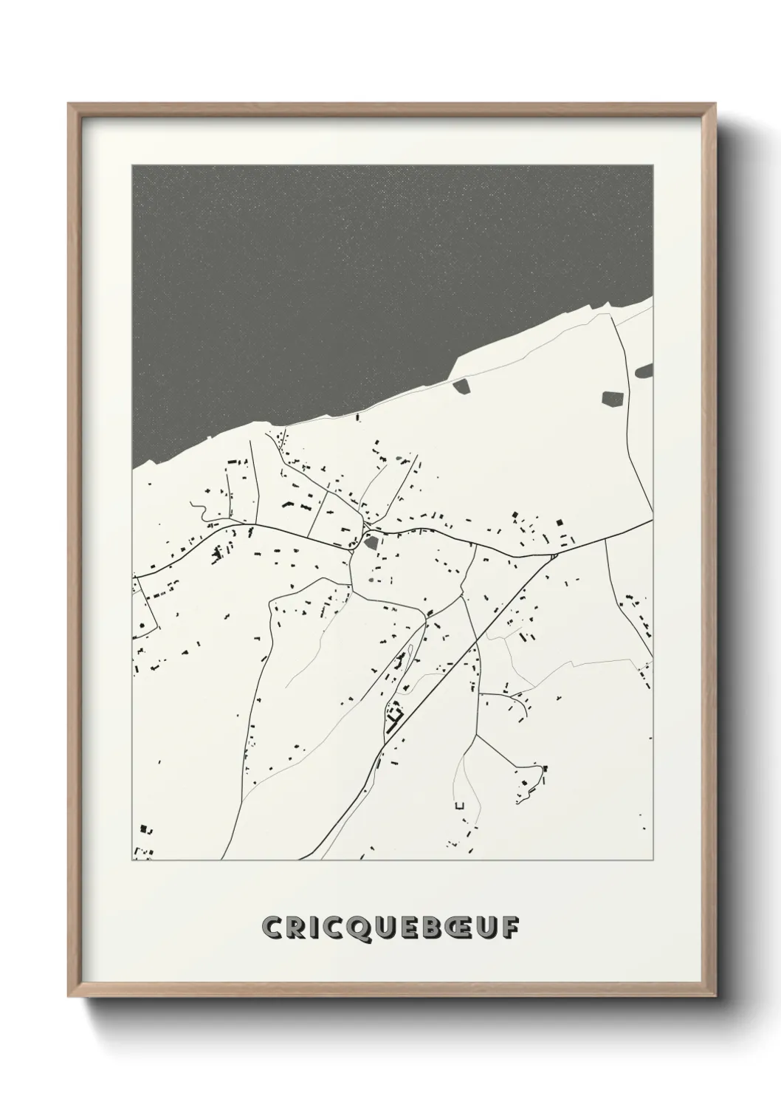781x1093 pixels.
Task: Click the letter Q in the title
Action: [365, 928]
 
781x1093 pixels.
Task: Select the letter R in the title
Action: [300, 927]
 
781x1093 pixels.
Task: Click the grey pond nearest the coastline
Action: [461, 386]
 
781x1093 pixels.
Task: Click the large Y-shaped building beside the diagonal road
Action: [396, 714]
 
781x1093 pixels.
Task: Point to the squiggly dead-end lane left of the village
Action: [198, 509]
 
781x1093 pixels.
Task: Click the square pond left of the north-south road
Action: [612, 400]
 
